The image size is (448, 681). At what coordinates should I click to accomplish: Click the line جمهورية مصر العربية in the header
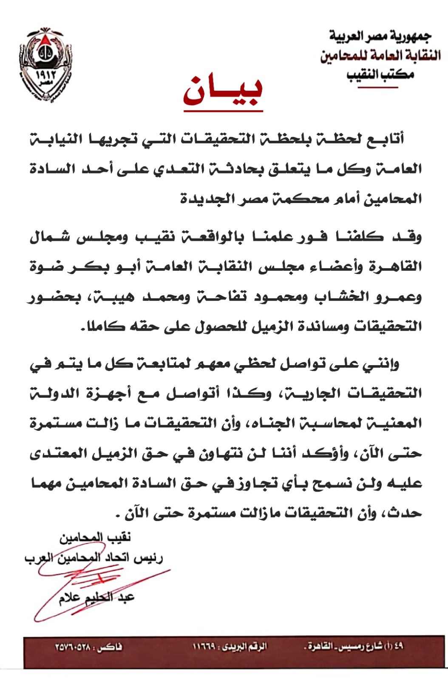[380, 37]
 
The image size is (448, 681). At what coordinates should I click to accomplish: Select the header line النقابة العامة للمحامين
[380, 56]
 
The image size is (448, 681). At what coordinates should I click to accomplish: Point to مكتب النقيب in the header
[380, 74]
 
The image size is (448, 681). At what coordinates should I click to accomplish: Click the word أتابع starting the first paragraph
[385, 139]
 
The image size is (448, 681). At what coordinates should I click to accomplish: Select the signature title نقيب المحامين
[95, 538]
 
